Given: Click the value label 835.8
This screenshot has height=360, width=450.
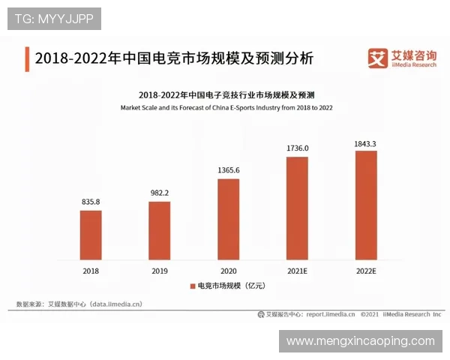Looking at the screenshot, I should pos(91,202).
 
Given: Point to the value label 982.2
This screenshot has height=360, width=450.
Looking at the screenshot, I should pos(159,193).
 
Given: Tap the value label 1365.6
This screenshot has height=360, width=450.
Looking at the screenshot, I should pos(228,170).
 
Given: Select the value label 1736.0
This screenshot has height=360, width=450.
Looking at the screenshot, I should pos(297,148).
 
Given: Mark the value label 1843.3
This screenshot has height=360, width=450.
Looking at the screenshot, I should pos(365,142).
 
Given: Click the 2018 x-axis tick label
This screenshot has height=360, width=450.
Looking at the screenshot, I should pos(91,271).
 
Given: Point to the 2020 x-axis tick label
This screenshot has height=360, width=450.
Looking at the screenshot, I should pos(228,271).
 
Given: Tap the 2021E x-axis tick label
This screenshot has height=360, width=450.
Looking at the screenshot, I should pos(297,271).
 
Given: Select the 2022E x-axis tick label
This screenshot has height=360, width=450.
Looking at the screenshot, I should pos(365,271).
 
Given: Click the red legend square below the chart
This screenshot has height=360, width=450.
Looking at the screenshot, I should pos(191,286).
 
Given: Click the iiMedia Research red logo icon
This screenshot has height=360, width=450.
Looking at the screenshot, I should pos(376,58).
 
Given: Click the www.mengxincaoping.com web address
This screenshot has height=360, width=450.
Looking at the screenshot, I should pos(360,341).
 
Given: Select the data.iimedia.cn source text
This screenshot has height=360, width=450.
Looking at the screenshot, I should pos(115,304).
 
